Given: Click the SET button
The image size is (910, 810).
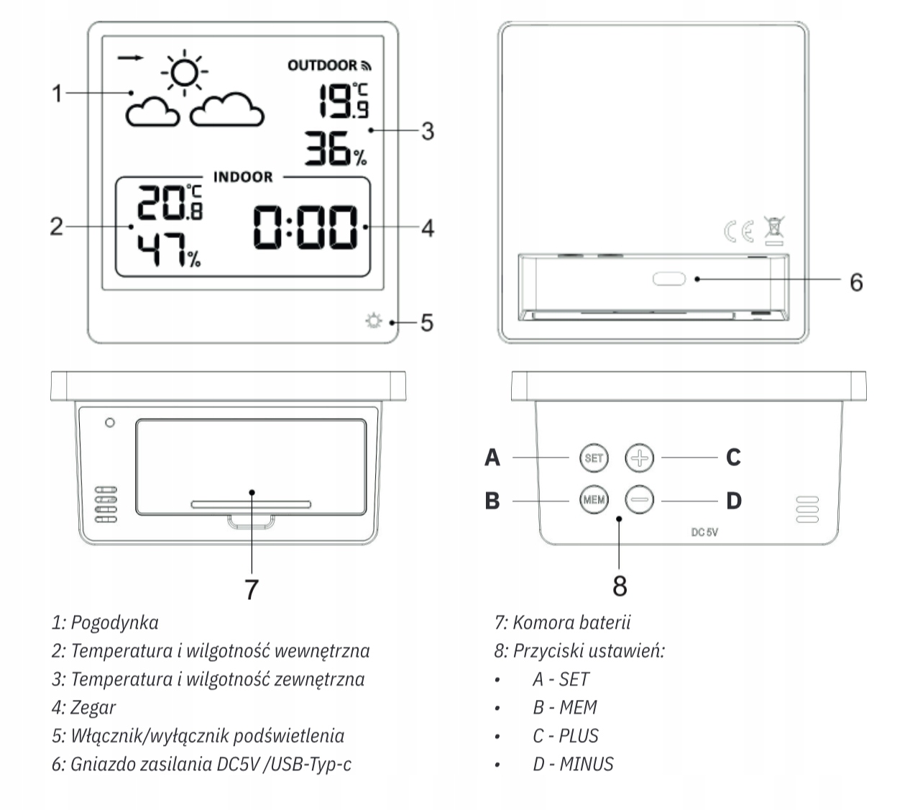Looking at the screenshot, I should pos(594,458).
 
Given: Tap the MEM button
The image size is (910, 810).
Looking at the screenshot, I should pos(594,499).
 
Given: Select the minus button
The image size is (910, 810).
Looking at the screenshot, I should pos(639,499).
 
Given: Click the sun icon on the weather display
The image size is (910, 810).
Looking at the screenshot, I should pos(185,71).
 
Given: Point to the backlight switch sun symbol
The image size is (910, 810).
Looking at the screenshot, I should pos(372,322).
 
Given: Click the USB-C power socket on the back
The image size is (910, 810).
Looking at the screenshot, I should pos(668,279).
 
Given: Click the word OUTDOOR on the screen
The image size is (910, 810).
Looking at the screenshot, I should pos(323,65).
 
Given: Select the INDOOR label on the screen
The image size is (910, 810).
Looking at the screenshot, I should pos(243,177).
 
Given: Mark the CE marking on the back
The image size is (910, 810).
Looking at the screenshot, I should pos(738,231).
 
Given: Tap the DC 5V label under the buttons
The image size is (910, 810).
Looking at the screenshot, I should pos(704,532).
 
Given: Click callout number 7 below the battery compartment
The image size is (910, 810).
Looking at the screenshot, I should pos(251,590).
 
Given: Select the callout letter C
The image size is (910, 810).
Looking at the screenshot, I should pos(732,458).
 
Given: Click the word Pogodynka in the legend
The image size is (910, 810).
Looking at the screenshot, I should pos(115,622).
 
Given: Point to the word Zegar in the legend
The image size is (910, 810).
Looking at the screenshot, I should pos(93,707).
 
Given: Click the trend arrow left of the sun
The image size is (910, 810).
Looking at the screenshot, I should pos(130,57).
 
